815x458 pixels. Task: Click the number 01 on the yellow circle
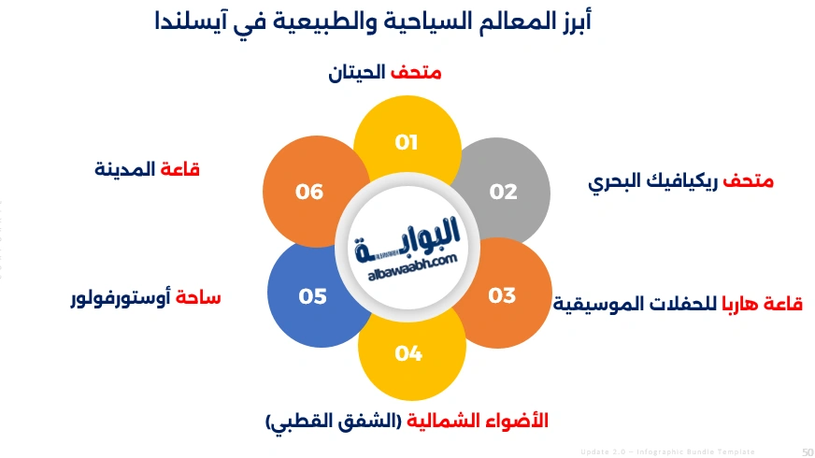406,143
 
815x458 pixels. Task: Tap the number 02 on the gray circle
503,192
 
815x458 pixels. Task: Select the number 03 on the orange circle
502,295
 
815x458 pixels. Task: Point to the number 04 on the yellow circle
408,353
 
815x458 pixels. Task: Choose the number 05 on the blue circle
312,296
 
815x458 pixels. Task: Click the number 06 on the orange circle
309,192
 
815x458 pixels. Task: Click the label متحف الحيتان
384,72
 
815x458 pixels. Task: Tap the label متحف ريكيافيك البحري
680,181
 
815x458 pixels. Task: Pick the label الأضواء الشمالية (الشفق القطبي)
407,422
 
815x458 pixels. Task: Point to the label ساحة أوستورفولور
146,299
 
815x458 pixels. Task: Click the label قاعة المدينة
148,169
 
